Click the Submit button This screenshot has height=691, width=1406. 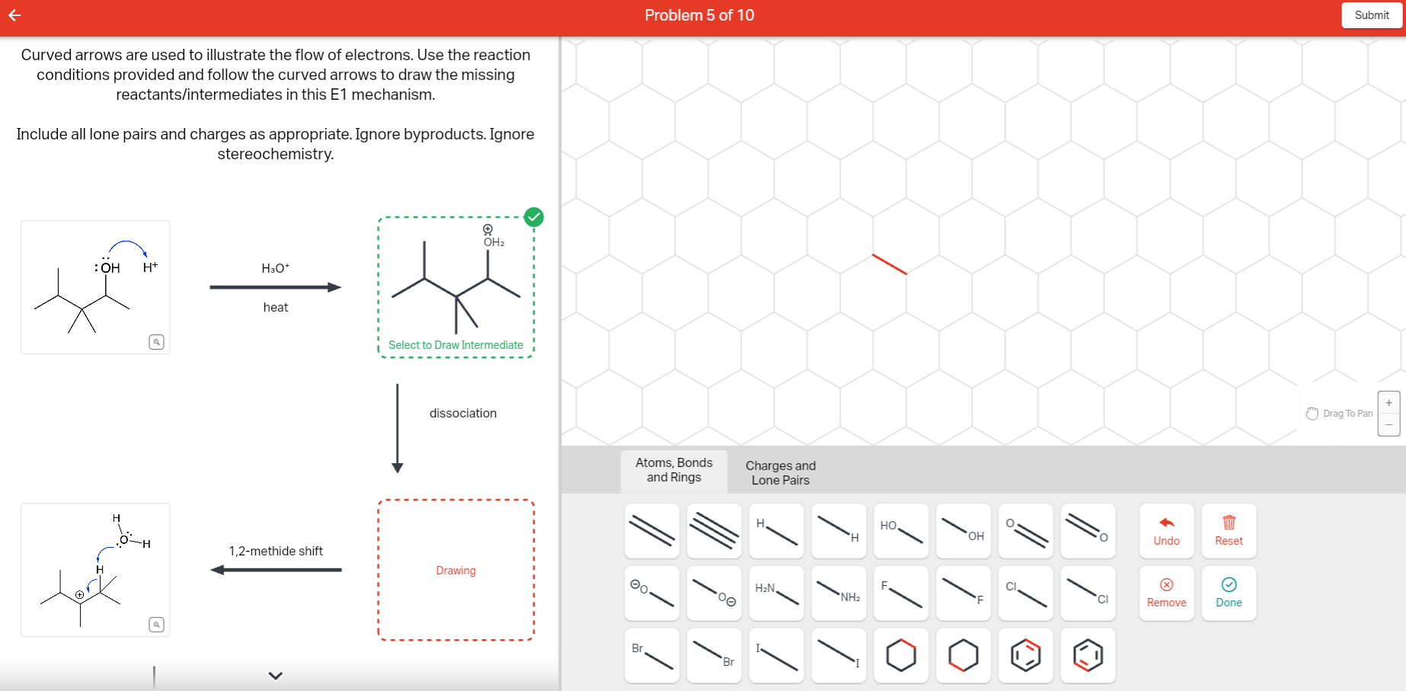point(1371,15)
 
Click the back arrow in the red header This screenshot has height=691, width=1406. point(14,15)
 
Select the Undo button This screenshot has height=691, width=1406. point(1166,531)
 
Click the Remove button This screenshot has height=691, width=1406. point(1166,593)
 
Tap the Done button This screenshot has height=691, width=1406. point(1229,593)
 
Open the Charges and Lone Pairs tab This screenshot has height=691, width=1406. point(780,472)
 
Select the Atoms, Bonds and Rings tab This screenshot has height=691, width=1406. point(674,470)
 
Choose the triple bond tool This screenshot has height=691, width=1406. point(714,531)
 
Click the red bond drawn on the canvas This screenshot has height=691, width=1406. point(890,264)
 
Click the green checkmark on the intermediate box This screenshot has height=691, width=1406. point(534,217)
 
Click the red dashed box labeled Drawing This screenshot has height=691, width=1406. point(455,570)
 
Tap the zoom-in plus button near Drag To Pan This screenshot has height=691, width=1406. point(1388,403)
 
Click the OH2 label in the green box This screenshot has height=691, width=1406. point(494,242)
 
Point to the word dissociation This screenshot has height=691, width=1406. point(463,413)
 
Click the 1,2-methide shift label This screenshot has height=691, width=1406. point(276,551)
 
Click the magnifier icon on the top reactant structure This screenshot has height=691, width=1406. point(156,342)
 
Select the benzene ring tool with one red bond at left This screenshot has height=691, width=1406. point(1088,655)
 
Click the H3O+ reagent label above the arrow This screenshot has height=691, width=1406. point(275,268)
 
